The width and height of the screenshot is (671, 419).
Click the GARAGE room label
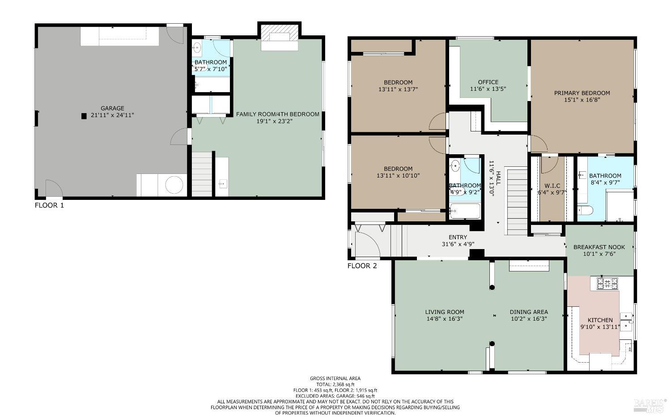coord(112,108)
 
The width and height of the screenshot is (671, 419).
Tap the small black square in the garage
coord(84,116)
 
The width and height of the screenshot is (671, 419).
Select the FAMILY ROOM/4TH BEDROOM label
coord(277,114)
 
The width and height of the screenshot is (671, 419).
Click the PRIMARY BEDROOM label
coord(582,93)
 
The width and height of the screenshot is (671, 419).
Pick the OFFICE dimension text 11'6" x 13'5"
coord(488,89)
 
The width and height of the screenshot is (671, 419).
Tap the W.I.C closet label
coord(552,186)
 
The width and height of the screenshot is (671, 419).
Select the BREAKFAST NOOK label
coord(599,247)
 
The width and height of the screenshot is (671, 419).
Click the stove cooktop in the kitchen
coord(607,283)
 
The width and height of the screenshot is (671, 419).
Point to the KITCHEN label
coord(600,320)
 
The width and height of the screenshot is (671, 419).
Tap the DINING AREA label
coord(529,312)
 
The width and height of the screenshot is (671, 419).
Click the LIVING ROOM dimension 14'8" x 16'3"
coord(444,319)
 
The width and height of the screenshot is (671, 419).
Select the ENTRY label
coord(458,237)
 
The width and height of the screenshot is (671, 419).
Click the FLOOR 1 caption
coord(49,205)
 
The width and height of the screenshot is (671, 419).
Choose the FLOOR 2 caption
coord(362,266)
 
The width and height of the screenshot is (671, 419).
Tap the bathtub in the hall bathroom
coord(465,211)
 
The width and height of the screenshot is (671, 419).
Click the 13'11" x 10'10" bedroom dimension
coord(398,176)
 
